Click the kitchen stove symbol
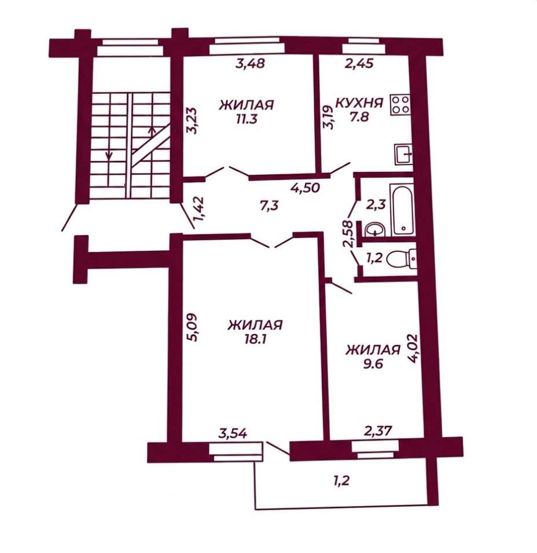point(400,104)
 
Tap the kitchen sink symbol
point(403,155)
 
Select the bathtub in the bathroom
point(402,210)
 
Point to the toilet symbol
point(402,260)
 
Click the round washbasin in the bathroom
point(375,230)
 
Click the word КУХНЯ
point(359,103)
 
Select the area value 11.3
point(247,119)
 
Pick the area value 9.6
point(372,364)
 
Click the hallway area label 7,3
point(269,205)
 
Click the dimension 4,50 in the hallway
point(305,188)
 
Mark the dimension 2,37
point(378,430)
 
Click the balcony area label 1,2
point(341,480)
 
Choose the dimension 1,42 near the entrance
point(200,208)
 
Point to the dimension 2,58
point(349,234)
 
